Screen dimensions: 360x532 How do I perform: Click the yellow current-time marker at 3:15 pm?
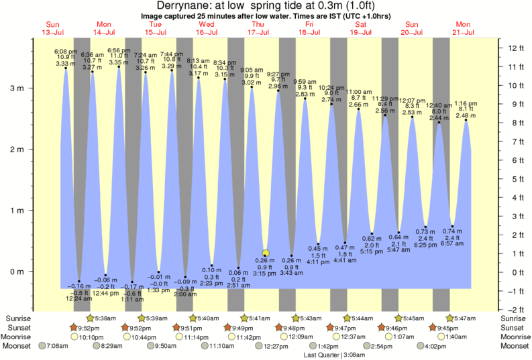[x=266, y=253]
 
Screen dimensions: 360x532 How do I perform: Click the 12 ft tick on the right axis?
[x=515, y=48]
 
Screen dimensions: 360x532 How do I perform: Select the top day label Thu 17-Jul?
[x=258, y=28]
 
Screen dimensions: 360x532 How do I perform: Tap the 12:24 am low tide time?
[x=79, y=298]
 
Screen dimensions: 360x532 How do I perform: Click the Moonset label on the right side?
[x=515, y=347]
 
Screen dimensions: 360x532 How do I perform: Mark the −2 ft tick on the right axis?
[x=515, y=309]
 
